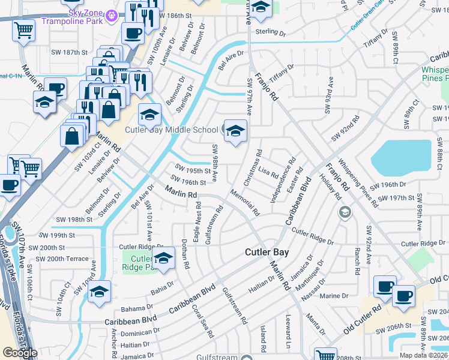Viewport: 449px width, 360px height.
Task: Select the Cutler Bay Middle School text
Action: (171, 130)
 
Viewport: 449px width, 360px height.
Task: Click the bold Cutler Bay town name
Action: (267, 253)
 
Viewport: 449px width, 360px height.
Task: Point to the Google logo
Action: (20, 353)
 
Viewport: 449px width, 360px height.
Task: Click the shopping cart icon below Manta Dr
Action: (325, 354)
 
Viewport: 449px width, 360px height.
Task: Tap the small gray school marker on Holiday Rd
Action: (345, 212)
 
